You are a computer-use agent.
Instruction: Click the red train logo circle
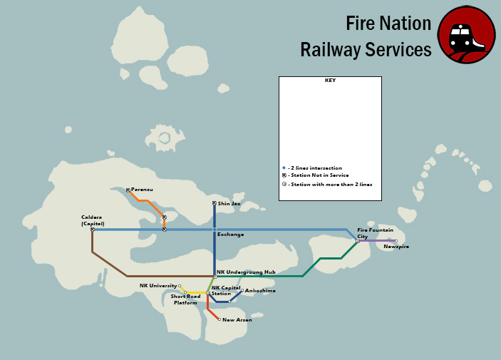pyautogui.click(x=466, y=36)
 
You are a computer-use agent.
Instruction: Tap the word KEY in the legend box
pyautogui.click(x=330, y=81)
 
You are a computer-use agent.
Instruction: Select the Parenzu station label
pyautogui.click(x=142, y=190)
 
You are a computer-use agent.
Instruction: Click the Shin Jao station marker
pyautogui.click(x=215, y=203)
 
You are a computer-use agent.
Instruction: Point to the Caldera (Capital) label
pyautogui.click(x=93, y=220)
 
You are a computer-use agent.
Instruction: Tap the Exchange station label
pyautogui.click(x=230, y=235)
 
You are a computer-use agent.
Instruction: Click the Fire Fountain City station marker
pyautogui.click(x=358, y=241)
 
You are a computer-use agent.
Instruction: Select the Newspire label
pyautogui.click(x=396, y=247)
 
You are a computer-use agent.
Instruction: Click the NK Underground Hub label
pyautogui.click(x=246, y=272)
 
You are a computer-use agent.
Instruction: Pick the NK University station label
pyautogui.click(x=157, y=286)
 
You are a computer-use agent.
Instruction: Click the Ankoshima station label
pyautogui.click(x=260, y=291)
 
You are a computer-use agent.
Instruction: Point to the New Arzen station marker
pyautogui.click(x=219, y=319)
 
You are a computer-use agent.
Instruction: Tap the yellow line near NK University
pyautogui.click(x=194, y=293)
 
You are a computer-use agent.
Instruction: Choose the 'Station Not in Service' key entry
pyautogui.click(x=318, y=175)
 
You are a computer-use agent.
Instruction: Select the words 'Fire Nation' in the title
pyautogui.click(x=388, y=24)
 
